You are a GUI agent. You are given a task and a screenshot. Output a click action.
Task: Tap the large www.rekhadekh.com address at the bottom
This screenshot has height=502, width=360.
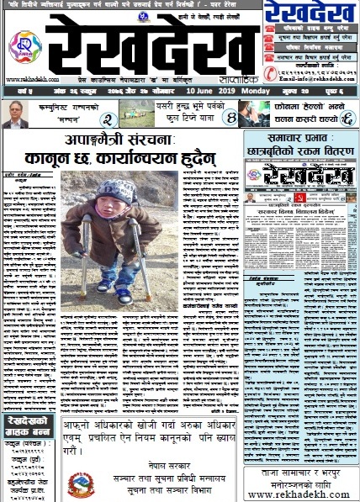tap(302, 494)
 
